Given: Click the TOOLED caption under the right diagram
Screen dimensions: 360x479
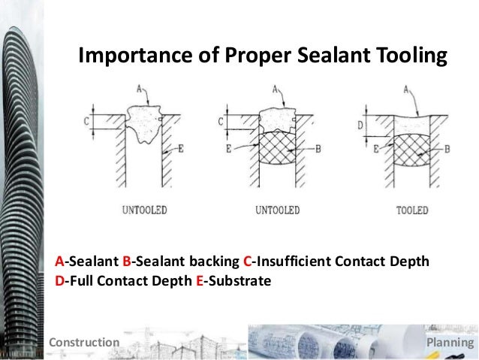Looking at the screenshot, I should (411, 210).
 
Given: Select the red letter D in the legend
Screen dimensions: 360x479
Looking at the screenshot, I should (59, 282).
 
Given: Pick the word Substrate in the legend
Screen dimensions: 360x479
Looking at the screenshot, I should (236, 282).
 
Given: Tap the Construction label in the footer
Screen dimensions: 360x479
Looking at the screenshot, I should (83, 343).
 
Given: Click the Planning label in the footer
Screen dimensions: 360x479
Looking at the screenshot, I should (450, 343).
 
